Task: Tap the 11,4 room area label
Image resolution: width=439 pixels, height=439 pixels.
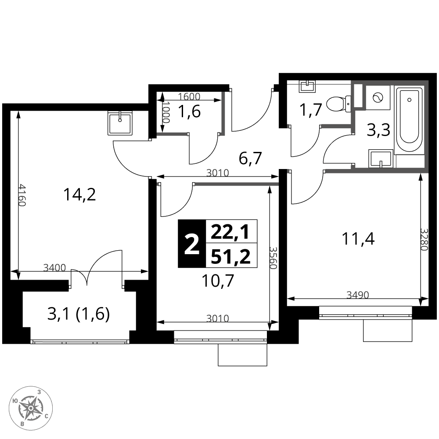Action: tap(358, 239)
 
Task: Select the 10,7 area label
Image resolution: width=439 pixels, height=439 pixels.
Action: tap(218, 281)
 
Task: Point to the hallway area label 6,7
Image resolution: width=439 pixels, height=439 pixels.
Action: tap(250, 158)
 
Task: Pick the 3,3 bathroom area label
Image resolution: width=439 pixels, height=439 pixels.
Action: tap(378, 130)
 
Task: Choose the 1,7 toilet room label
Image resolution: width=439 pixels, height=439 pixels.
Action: tap(310, 109)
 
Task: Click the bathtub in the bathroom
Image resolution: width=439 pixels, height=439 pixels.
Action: tap(409, 119)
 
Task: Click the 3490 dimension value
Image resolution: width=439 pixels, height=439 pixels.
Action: tap(357, 295)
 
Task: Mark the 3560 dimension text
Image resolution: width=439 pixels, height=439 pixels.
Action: tap(273, 258)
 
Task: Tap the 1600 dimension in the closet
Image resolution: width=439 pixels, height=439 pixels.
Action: tap(189, 96)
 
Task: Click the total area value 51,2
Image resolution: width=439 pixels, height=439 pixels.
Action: tap(231, 256)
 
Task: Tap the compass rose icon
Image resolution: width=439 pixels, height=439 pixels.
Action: tap(31, 407)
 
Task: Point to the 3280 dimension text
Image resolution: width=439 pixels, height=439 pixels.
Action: tap(424, 240)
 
